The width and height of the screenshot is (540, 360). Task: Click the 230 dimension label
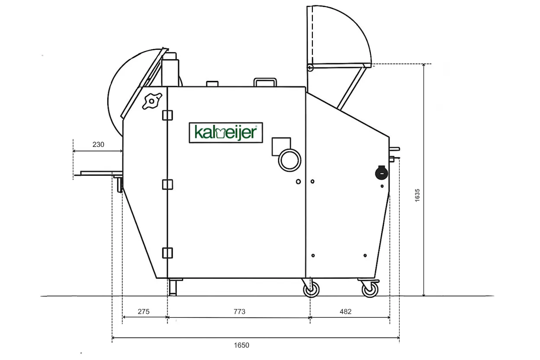[98, 145]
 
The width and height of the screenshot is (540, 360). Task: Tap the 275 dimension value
[144, 312]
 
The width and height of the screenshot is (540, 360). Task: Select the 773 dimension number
[239, 312]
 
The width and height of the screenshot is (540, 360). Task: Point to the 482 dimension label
[345, 312]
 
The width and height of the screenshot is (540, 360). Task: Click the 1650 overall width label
[241, 345]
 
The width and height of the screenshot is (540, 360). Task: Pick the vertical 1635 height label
[417, 195]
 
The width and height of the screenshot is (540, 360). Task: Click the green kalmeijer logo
[226, 132]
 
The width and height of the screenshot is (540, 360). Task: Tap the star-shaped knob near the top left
[152, 101]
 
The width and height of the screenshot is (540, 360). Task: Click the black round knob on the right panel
[382, 173]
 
